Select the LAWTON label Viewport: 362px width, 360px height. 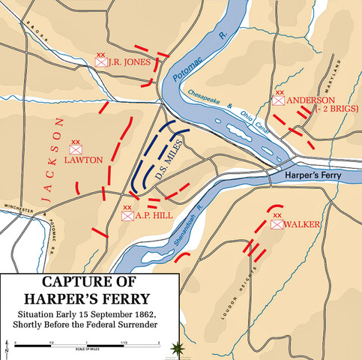click(78, 160)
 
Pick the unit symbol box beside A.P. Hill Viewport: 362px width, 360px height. click(127, 216)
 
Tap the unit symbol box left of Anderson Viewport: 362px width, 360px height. click(279, 100)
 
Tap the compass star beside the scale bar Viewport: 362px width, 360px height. click(177, 346)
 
